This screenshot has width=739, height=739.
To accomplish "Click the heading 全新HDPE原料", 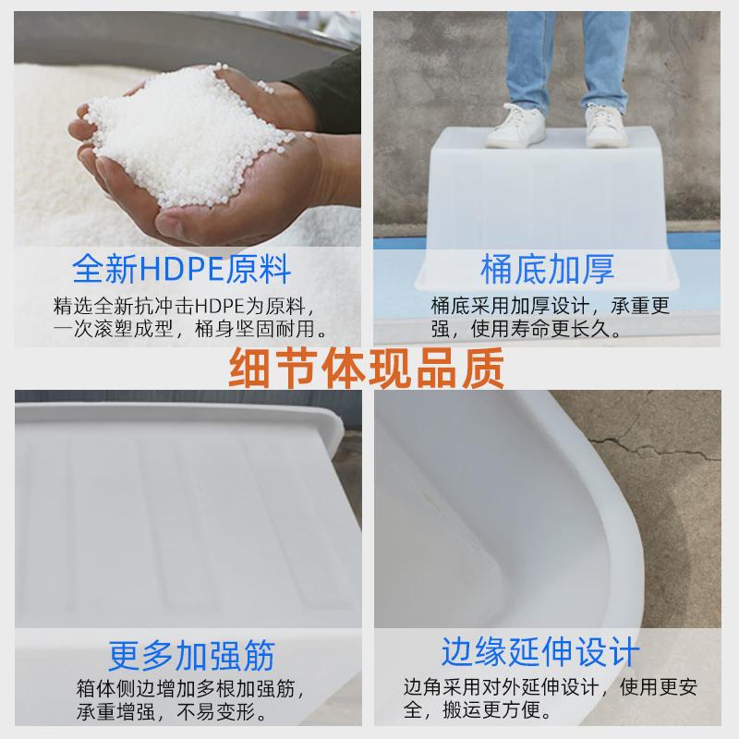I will (x=182, y=269).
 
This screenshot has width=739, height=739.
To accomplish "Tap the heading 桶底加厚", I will (x=548, y=269).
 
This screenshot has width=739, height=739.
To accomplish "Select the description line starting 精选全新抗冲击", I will (x=185, y=306).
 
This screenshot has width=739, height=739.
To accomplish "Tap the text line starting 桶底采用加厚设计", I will (x=550, y=306).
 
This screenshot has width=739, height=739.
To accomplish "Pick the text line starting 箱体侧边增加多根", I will (x=185, y=689).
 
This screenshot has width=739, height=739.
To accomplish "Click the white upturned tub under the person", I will (x=554, y=203).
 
